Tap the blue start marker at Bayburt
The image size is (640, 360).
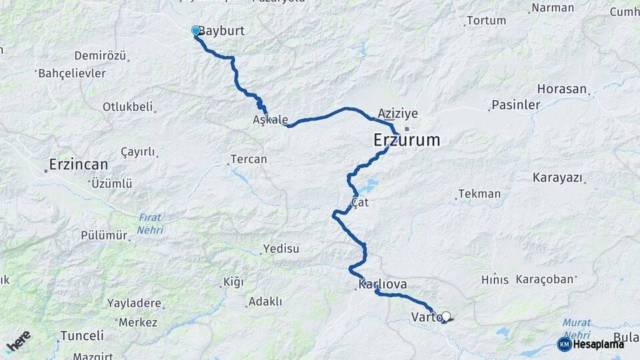coord(196,31)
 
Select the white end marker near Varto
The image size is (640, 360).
coord(446,317)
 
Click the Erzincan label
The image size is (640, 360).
coord(78,163)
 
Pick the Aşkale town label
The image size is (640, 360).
coord(270,120)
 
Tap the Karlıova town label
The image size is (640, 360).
coord(382,285)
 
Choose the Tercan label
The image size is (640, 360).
coord(248,159)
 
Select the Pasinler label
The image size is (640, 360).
coord(515,105)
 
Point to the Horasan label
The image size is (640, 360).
coord(562,89)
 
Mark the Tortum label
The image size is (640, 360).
coord(486,21)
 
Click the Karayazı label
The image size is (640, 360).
coord(558,178)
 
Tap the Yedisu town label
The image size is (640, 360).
coord(281,249)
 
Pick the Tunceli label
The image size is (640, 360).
coord(82,335)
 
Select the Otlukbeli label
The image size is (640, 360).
coord(127,107)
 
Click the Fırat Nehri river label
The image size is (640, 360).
coord(150,223)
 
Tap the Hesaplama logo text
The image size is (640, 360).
coord(598,344)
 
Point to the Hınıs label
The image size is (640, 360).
coord(495,280)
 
